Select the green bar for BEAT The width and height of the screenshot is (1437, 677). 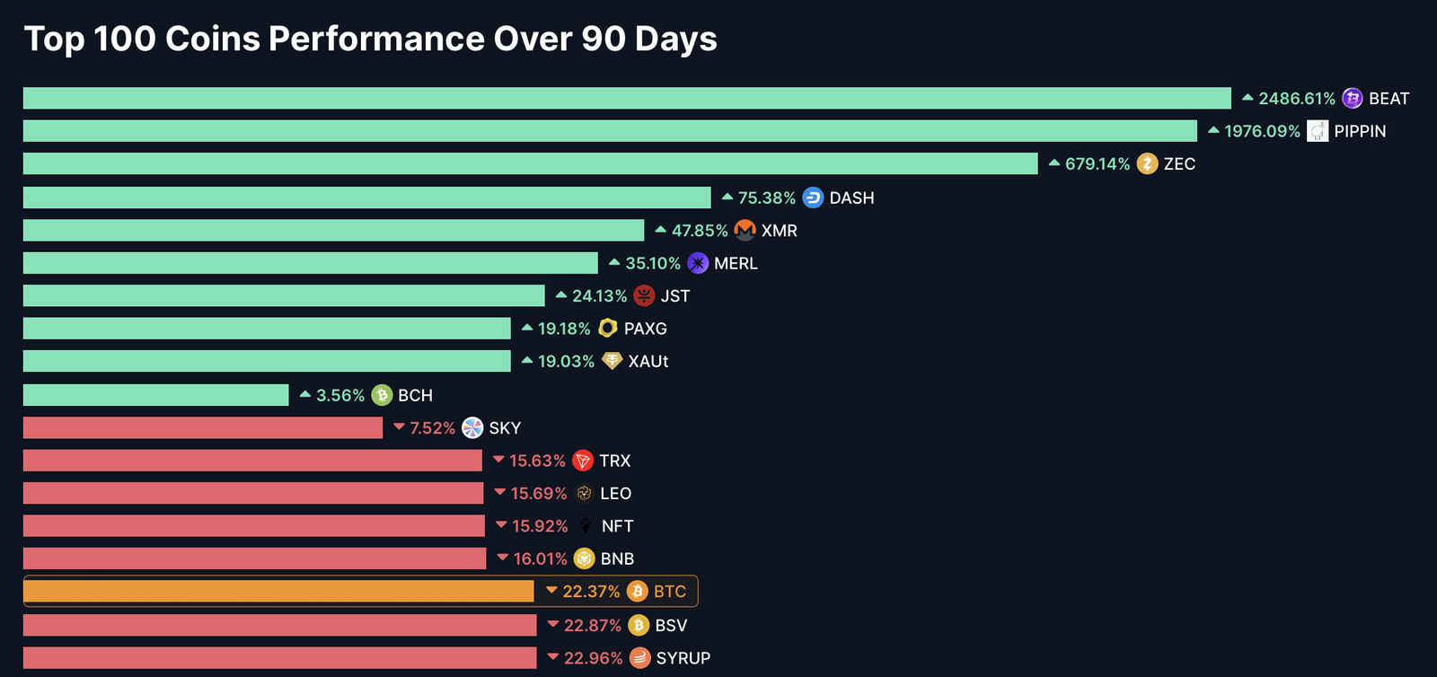628,98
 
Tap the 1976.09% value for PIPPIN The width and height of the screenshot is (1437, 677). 1262,131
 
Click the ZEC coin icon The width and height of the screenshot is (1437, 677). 1147,163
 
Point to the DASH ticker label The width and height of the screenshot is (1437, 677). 851,198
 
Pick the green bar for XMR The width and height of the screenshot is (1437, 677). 333,230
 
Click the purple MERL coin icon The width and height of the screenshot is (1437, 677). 698,263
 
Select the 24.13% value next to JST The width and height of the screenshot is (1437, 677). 599,296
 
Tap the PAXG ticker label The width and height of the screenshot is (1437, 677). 646,329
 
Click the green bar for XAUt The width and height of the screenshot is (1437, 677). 267,361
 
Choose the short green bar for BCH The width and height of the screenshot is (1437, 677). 156,395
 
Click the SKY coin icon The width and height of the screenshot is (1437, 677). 472,427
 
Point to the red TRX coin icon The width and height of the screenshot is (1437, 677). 583,461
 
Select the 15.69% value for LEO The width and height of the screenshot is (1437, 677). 538,494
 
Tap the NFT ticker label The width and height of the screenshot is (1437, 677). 617,526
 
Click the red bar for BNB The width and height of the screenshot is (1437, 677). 255,558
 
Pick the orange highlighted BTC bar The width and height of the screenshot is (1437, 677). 278,591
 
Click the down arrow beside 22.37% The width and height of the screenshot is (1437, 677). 551,590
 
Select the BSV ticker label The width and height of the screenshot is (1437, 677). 671,626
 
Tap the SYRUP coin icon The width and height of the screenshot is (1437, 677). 640,658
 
